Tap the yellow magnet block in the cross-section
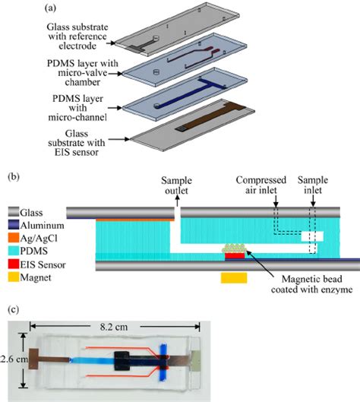(x=235, y=278)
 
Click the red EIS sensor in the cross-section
(x=235, y=257)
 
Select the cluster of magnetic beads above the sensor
(x=235, y=248)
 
